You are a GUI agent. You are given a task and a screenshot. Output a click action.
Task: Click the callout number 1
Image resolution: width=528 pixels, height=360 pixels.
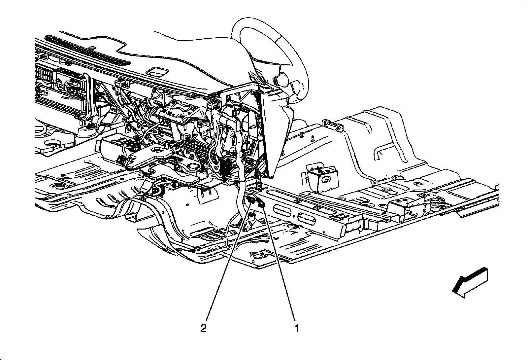point(297,329)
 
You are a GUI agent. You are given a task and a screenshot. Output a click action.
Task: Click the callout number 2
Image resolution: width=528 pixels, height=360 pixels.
point(204,329)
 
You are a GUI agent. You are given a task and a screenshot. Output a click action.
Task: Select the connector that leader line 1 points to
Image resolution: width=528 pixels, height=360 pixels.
point(261,204)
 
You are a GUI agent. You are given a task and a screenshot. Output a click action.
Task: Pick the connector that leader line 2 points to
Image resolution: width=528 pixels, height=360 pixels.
point(250,200)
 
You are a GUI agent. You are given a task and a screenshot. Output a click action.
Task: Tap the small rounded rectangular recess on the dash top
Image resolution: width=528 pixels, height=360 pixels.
point(157,72)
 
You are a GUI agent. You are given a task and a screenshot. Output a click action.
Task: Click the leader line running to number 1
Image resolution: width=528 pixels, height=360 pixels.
point(279,264)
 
